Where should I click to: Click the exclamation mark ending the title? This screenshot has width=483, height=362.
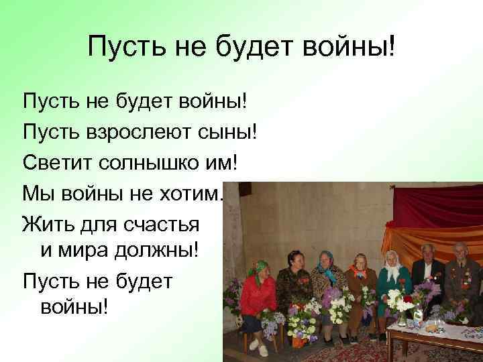click(x=392, y=48)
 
